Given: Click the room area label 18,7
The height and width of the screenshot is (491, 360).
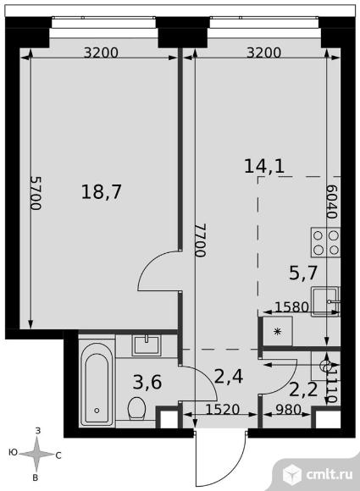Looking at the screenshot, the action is coord(101,192).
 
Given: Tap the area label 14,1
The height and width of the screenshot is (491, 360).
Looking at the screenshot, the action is coord(264,166).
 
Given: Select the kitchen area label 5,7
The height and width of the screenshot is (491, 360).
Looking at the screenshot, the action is coord(303,273).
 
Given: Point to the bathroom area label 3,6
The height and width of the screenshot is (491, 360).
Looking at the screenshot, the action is coord(147,383).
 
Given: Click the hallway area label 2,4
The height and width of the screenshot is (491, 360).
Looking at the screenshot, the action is coord(229,377).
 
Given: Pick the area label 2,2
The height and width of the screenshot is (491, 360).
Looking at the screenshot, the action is coord(303,390).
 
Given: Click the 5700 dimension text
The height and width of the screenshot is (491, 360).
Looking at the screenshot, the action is coord(36,193).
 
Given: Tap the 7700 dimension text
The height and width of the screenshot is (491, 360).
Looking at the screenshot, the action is coord(201,240).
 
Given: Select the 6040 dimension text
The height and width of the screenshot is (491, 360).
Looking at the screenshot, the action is coord(332,201).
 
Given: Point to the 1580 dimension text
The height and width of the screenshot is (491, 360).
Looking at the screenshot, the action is coord(292,307).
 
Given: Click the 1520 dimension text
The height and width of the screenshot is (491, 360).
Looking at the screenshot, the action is coord(223,409).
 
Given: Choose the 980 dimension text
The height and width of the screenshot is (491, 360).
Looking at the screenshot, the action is coord(289,409).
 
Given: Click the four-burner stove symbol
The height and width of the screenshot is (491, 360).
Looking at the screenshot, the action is coord(325,243).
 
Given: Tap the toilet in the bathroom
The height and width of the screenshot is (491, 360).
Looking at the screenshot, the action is coord(136,408).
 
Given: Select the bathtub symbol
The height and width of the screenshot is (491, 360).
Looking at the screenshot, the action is coord(97,384).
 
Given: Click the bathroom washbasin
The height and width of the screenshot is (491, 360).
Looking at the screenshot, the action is coord(147,345).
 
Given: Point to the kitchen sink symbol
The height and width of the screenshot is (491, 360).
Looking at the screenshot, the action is coord(325,301).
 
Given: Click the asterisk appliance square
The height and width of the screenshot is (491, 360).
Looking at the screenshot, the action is coord(277,331).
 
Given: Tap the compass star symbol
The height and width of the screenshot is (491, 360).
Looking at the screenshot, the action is coord(36,454).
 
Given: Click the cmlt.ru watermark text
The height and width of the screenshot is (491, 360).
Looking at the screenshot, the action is coord(330,474).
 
